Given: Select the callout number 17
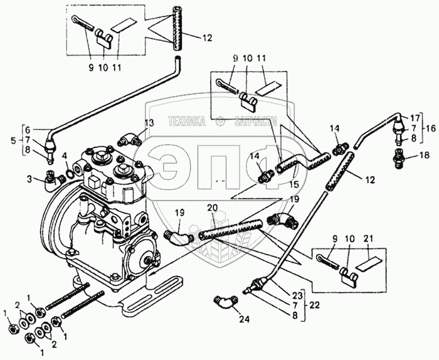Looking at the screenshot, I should coord(415,117).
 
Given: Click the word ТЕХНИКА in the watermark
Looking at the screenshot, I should coord(187,122).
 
